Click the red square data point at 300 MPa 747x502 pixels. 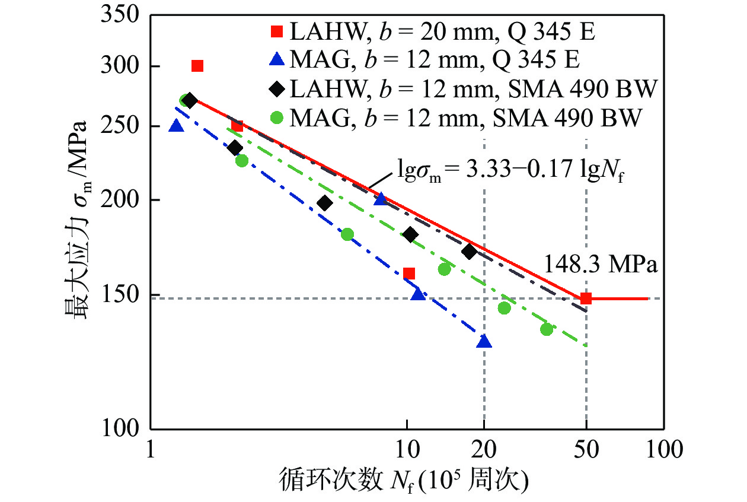click(197, 66)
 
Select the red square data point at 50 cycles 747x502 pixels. click(586, 298)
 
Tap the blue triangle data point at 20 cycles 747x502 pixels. click(484, 342)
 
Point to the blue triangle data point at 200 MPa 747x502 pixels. click(381, 199)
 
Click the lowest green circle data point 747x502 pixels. click(547, 329)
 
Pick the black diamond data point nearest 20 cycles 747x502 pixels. click(470, 252)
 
